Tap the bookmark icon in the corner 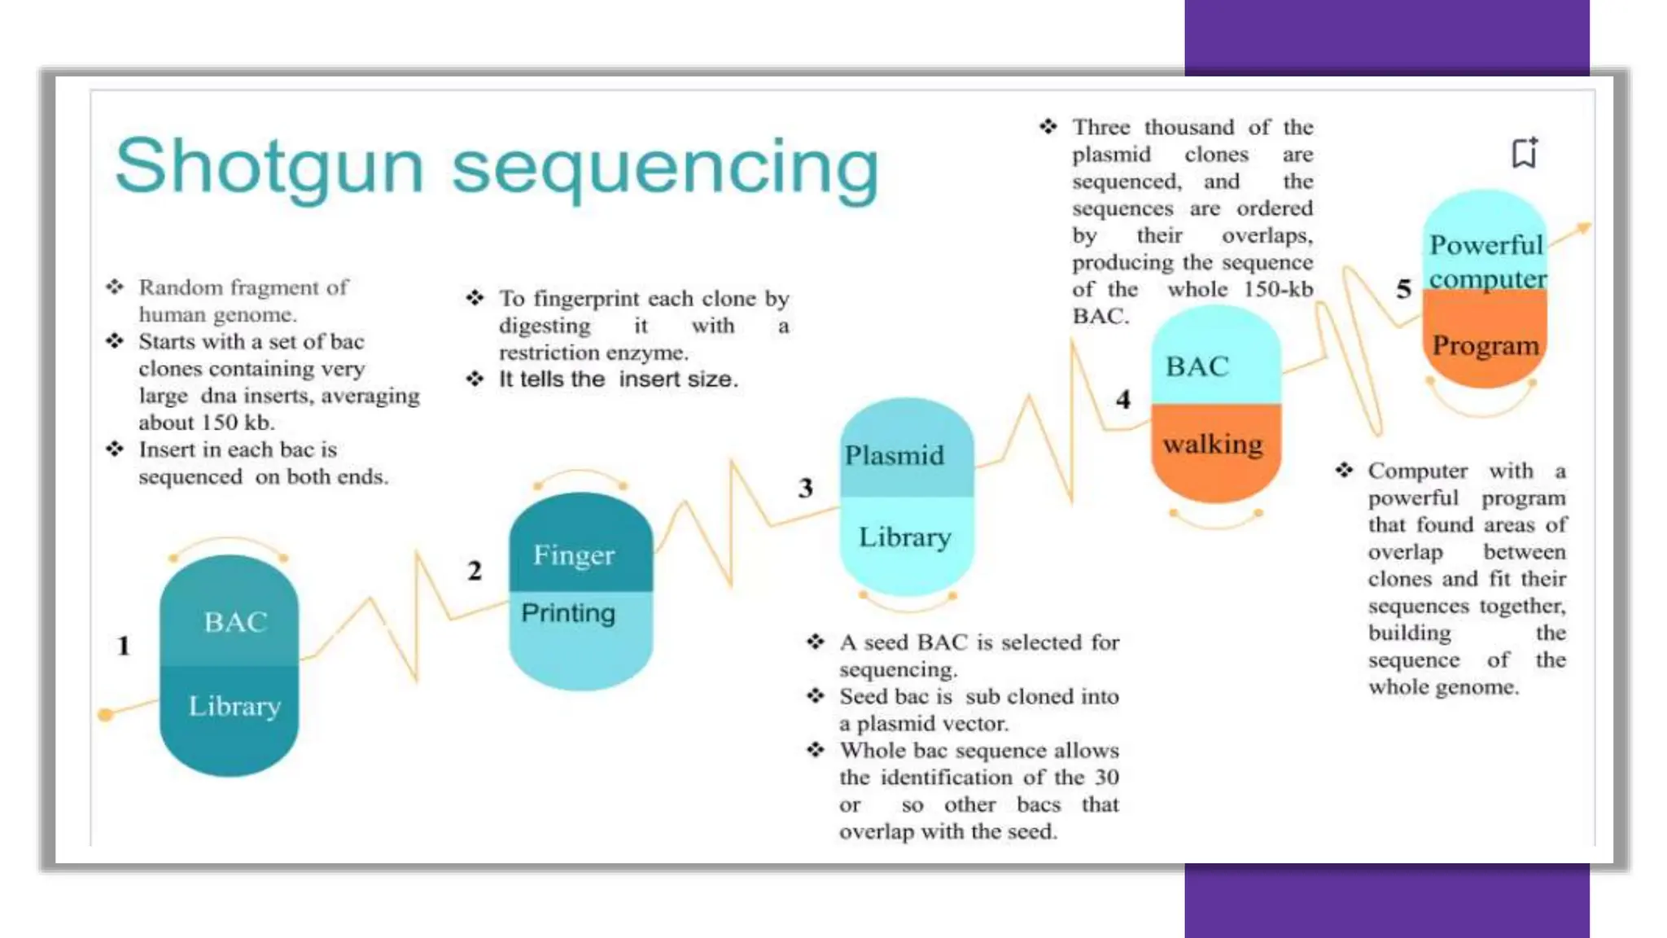1525,152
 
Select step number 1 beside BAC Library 123,646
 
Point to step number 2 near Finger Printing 475,570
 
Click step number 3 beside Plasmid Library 805,488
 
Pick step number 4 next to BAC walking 1123,399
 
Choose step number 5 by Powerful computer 1403,288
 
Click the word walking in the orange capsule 1213,445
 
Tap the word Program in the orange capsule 1485,345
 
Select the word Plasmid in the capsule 894,455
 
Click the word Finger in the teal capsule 574,555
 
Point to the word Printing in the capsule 568,613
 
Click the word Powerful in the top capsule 1486,244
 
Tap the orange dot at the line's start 105,715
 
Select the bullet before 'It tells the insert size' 475,379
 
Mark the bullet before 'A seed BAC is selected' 816,642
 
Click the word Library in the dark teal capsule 234,706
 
